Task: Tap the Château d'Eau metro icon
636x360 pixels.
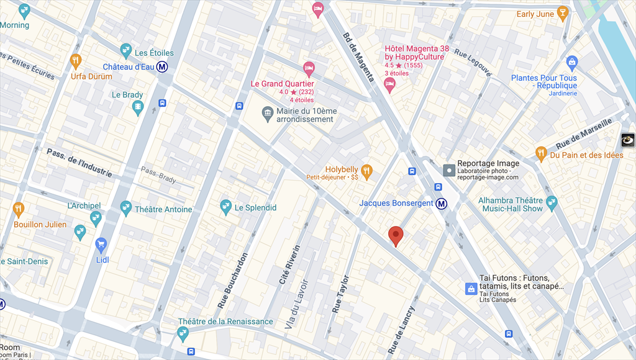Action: pyautogui.click(x=163, y=67)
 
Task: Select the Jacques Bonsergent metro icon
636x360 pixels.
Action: pyautogui.click(x=442, y=204)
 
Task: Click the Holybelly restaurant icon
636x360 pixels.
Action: pyautogui.click(x=367, y=170)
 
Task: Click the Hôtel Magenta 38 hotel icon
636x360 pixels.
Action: pyautogui.click(x=390, y=85)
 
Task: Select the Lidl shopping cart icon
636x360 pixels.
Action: pyautogui.click(x=101, y=244)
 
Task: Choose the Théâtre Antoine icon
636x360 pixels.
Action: pyautogui.click(x=126, y=209)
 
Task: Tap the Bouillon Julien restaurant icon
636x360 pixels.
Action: pyautogui.click(x=18, y=208)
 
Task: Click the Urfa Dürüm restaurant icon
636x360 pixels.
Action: pyautogui.click(x=76, y=61)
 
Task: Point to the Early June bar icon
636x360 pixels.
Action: pyautogui.click(x=563, y=14)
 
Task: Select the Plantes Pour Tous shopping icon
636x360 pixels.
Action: pyautogui.click(x=572, y=62)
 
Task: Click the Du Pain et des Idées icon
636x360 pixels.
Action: pyautogui.click(x=541, y=155)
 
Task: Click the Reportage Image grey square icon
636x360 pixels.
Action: pyautogui.click(x=448, y=169)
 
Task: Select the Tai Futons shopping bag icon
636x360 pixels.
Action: pyautogui.click(x=471, y=289)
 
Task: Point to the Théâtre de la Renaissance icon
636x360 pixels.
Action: pyautogui.click(x=183, y=334)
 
